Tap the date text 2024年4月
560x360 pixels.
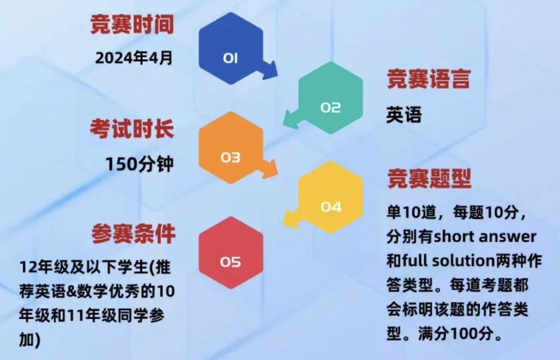point(134,57)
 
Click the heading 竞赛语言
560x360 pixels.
point(428,80)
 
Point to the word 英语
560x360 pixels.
point(403,115)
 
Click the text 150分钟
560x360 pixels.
point(139,163)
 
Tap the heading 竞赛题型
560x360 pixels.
point(429,179)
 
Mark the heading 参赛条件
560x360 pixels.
point(134,234)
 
